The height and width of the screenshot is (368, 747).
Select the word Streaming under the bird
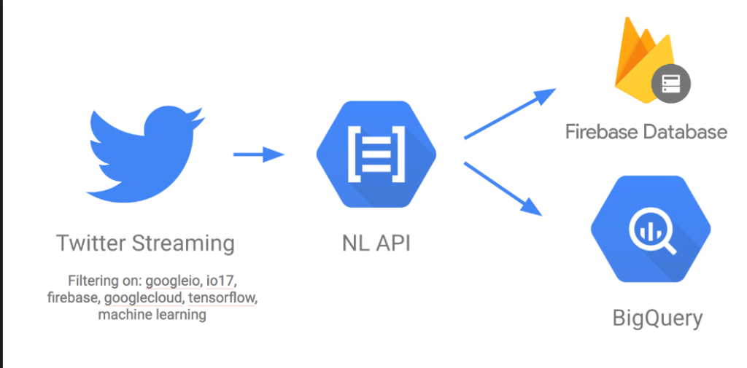click(184, 243)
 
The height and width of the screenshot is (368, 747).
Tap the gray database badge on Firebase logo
click(670, 84)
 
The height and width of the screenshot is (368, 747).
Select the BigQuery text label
click(657, 318)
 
